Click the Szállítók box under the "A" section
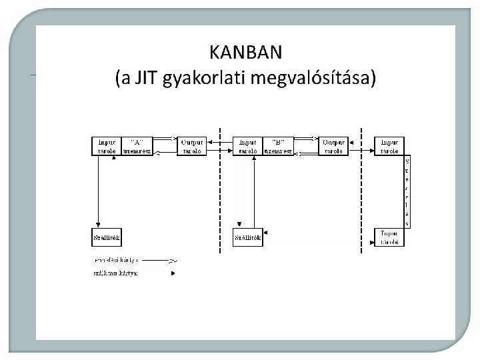coord(107,237)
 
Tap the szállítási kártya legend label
coord(115,272)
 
